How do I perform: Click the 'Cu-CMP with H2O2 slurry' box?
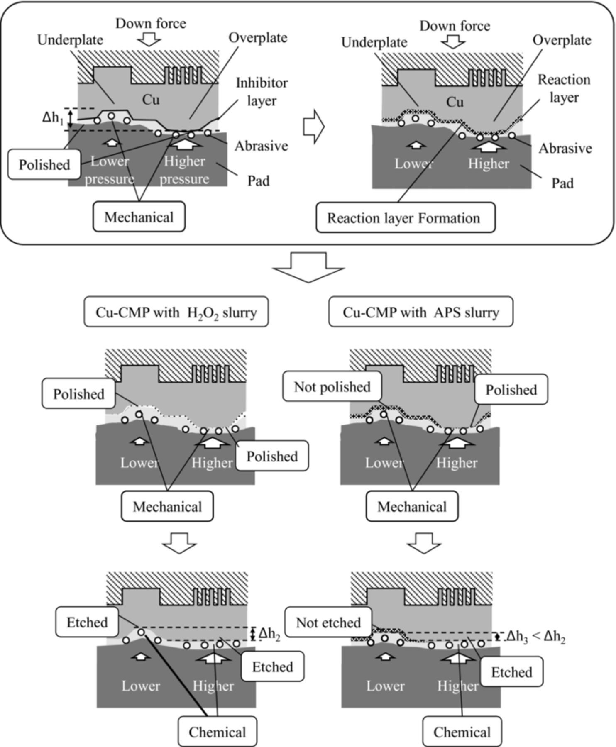[176, 312]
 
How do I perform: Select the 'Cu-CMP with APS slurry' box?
[420, 312]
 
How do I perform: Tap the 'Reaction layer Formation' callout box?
[405, 218]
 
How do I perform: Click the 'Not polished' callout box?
[332, 387]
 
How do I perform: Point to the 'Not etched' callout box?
[328, 622]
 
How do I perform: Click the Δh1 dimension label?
[53, 118]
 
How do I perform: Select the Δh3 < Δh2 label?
[535, 636]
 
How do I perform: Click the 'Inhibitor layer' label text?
[262, 91]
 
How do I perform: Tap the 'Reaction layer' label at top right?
[564, 88]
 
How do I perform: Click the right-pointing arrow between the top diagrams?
[313, 127]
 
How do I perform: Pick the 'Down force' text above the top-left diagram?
[150, 23]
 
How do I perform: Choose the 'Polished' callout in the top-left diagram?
[44, 165]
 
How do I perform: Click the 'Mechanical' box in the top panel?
[139, 217]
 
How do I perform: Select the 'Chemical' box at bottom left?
[217, 732]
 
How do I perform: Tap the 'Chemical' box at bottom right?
[462, 732]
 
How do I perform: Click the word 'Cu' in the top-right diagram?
[455, 102]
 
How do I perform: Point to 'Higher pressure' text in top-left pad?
[184, 170]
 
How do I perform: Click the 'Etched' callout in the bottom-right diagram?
[511, 672]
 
